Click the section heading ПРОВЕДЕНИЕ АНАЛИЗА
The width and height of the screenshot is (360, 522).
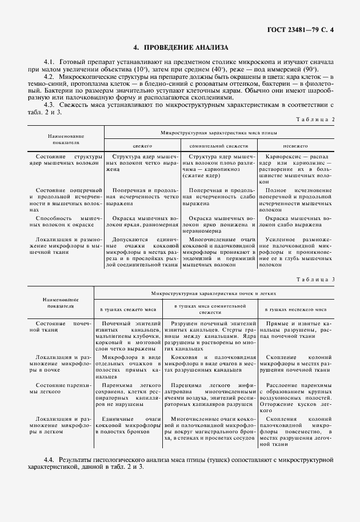(x=181, y=47)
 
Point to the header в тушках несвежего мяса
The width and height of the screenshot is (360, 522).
(x=295, y=309)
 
